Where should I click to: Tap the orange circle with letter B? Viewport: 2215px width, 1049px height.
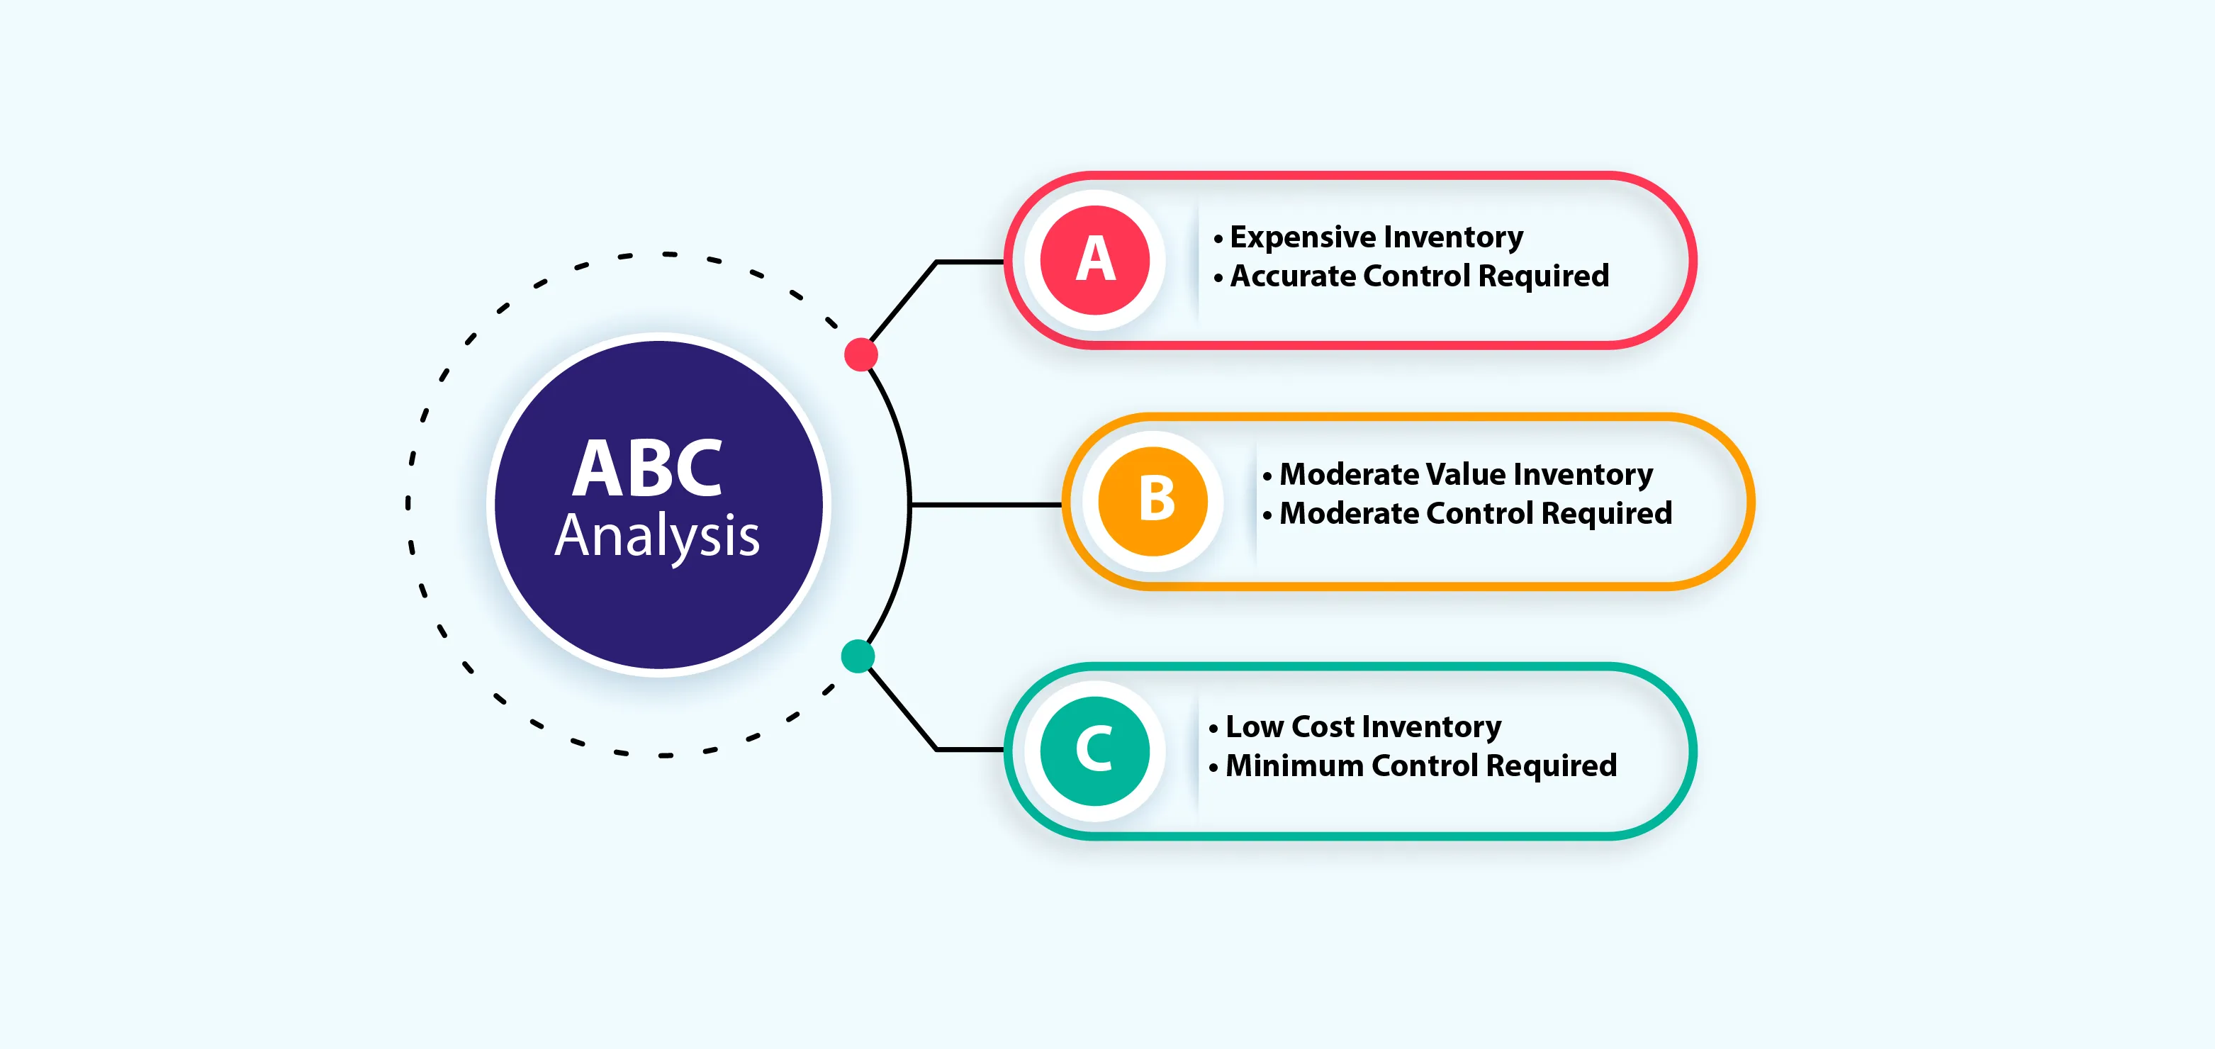point(1153,501)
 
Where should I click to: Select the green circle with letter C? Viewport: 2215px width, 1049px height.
point(1094,751)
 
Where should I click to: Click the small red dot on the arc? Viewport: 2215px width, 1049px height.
point(860,354)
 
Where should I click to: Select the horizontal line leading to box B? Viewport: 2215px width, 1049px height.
point(985,505)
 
